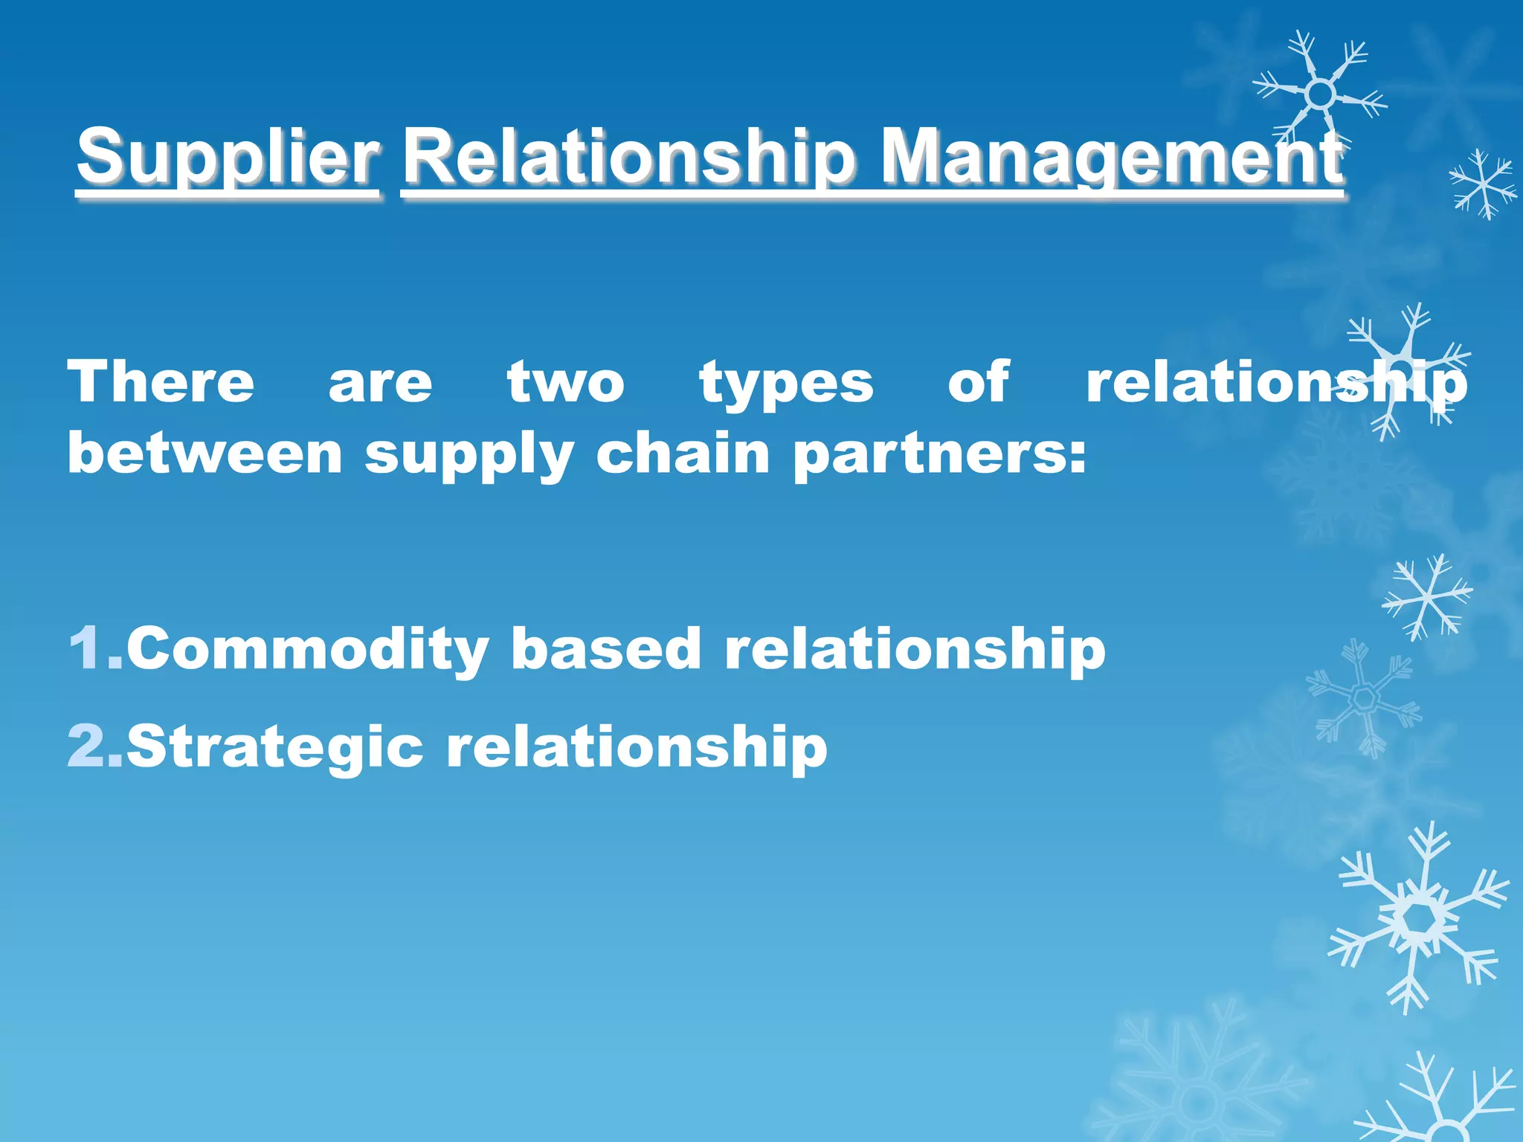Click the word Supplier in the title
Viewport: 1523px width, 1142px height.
pos(228,158)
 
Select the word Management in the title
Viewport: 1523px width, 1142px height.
pos(1111,158)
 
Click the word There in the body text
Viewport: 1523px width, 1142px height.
pos(161,382)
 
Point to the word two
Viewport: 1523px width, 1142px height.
pos(565,382)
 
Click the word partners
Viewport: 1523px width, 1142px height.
pos(938,455)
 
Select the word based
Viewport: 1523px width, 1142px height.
pos(606,648)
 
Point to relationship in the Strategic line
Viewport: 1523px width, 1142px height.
pos(636,746)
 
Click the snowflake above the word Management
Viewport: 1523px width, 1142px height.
pos(1319,94)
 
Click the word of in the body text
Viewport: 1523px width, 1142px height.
pos(978,382)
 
